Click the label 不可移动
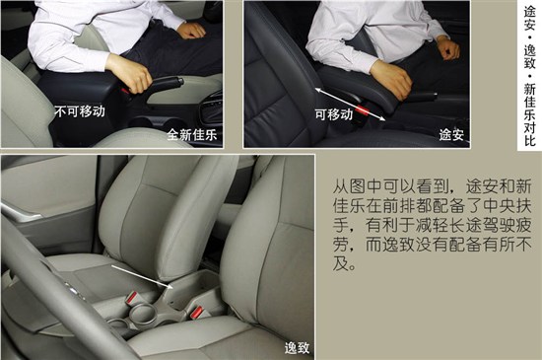pyautogui.click(x=80, y=111)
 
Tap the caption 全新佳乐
pyautogui.click(x=192, y=134)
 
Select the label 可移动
pyautogui.click(x=333, y=114)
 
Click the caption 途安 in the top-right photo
pyautogui.click(x=451, y=134)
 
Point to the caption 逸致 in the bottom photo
pyautogui.click(x=297, y=348)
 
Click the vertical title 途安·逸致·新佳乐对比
pyautogui.click(x=529, y=76)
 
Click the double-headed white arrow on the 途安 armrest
pyautogui.click(x=350, y=105)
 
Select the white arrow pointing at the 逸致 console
pyautogui.click(x=142, y=276)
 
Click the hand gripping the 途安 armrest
pyautogui.click(x=391, y=79)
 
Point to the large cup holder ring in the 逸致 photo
pyautogui.click(x=142, y=314)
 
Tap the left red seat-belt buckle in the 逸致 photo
pyautogui.click(x=132, y=298)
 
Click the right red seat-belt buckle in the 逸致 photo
pyautogui.click(x=197, y=313)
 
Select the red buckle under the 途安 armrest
pyautogui.click(x=364, y=111)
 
